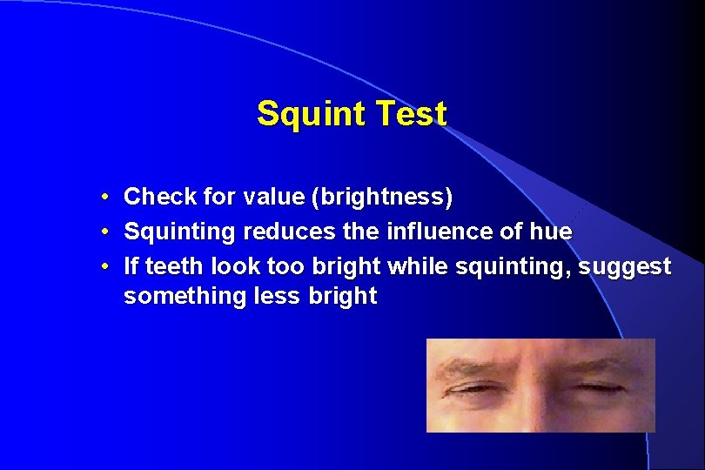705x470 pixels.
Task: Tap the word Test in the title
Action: [x=413, y=114]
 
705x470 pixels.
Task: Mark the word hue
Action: [x=551, y=232]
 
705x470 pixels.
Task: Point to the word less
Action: [x=270, y=296]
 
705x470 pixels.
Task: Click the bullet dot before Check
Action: [x=104, y=198]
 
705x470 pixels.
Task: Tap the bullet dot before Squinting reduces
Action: [x=104, y=232]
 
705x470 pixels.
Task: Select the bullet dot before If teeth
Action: [x=104, y=265]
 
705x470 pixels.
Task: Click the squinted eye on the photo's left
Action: [x=475, y=389]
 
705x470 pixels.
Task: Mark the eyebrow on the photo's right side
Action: [x=601, y=364]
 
